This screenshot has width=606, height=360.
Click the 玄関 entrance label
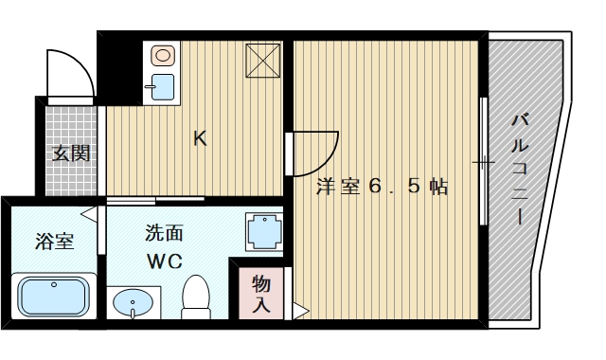71,152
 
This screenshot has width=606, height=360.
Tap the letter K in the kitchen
200,138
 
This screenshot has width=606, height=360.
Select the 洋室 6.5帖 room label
381,187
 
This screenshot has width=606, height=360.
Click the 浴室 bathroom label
54,241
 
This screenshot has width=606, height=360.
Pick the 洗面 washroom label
164,233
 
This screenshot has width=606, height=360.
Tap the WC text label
164,259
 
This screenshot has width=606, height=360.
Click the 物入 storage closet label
262,294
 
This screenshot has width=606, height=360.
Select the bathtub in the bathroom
53,297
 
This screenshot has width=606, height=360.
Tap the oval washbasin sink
132,303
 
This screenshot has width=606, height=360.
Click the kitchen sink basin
163,88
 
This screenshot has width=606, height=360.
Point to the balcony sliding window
484,161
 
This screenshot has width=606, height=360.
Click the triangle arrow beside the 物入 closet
298,309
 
